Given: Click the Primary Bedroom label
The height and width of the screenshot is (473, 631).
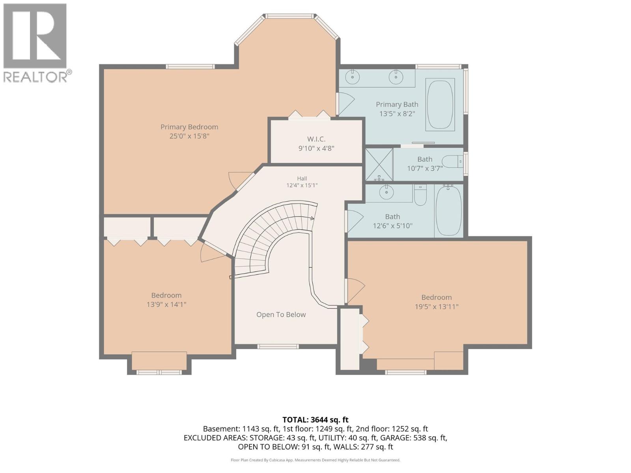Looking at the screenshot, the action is click(x=189, y=127).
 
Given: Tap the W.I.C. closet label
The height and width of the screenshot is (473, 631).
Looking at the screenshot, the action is click(x=316, y=139).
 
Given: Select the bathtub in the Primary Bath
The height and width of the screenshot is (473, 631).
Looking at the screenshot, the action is click(x=440, y=104).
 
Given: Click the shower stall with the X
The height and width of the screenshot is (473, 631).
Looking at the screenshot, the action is click(x=379, y=164).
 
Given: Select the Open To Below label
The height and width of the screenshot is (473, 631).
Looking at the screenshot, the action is click(x=281, y=315).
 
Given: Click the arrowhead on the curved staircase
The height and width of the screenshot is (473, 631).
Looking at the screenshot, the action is click(x=313, y=218).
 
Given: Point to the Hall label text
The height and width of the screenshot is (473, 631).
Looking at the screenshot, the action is click(x=302, y=179).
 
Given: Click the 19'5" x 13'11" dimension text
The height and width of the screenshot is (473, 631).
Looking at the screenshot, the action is click(x=437, y=307).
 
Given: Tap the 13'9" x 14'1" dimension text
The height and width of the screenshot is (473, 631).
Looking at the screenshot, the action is click(x=166, y=304).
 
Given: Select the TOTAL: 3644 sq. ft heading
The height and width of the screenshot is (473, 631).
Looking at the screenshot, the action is click(x=315, y=420).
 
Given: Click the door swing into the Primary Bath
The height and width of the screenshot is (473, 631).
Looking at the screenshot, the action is click(x=346, y=104).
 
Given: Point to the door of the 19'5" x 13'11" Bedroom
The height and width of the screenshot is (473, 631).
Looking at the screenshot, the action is click(x=356, y=291).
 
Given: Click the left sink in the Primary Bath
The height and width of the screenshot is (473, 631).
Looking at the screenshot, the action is click(x=352, y=77).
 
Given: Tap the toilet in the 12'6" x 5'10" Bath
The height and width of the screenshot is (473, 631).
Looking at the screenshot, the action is click(x=420, y=195).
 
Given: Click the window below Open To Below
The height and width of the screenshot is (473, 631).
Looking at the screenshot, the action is click(x=278, y=346).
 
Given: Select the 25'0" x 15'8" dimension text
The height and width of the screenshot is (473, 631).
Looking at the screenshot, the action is click(x=189, y=136).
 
